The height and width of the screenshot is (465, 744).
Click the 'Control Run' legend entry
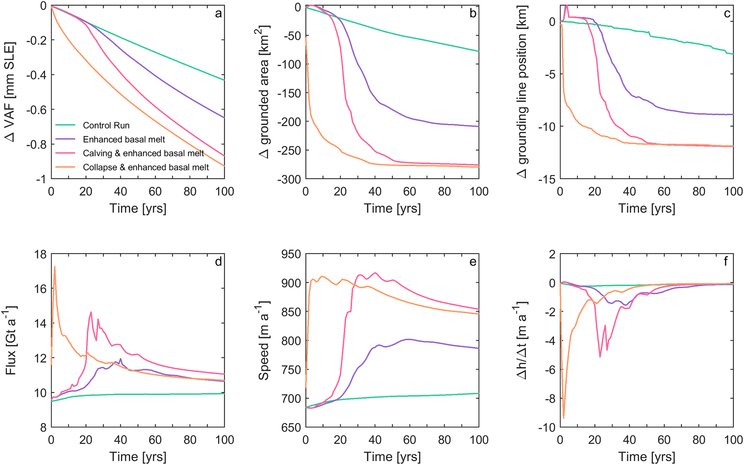tap(106, 125)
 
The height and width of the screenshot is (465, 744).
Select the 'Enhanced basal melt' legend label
tap(124, 139)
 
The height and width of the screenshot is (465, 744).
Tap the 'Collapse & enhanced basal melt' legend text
tap(146, 167)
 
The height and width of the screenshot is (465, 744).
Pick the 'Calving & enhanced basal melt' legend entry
tap(143, 153)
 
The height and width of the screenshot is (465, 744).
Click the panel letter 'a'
tap(218, 14)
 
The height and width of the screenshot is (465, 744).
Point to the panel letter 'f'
tap(726, 262)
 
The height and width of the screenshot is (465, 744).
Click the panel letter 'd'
tap(218, 262)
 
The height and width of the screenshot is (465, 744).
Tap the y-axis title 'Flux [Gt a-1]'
tap(11, 340)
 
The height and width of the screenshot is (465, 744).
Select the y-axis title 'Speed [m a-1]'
tap(264, 340)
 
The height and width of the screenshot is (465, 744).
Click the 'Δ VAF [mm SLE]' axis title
tap(11, 92)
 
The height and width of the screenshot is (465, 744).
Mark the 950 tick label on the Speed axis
tap(291, 254)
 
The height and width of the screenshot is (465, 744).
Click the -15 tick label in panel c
tap(547, 179)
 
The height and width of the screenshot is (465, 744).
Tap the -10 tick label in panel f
tap(547, 427)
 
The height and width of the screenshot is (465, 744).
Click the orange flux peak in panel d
tap(55, 267)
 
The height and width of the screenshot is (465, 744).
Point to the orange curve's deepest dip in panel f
tap(563, 418)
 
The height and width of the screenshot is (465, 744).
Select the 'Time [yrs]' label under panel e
tap(392, 457)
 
